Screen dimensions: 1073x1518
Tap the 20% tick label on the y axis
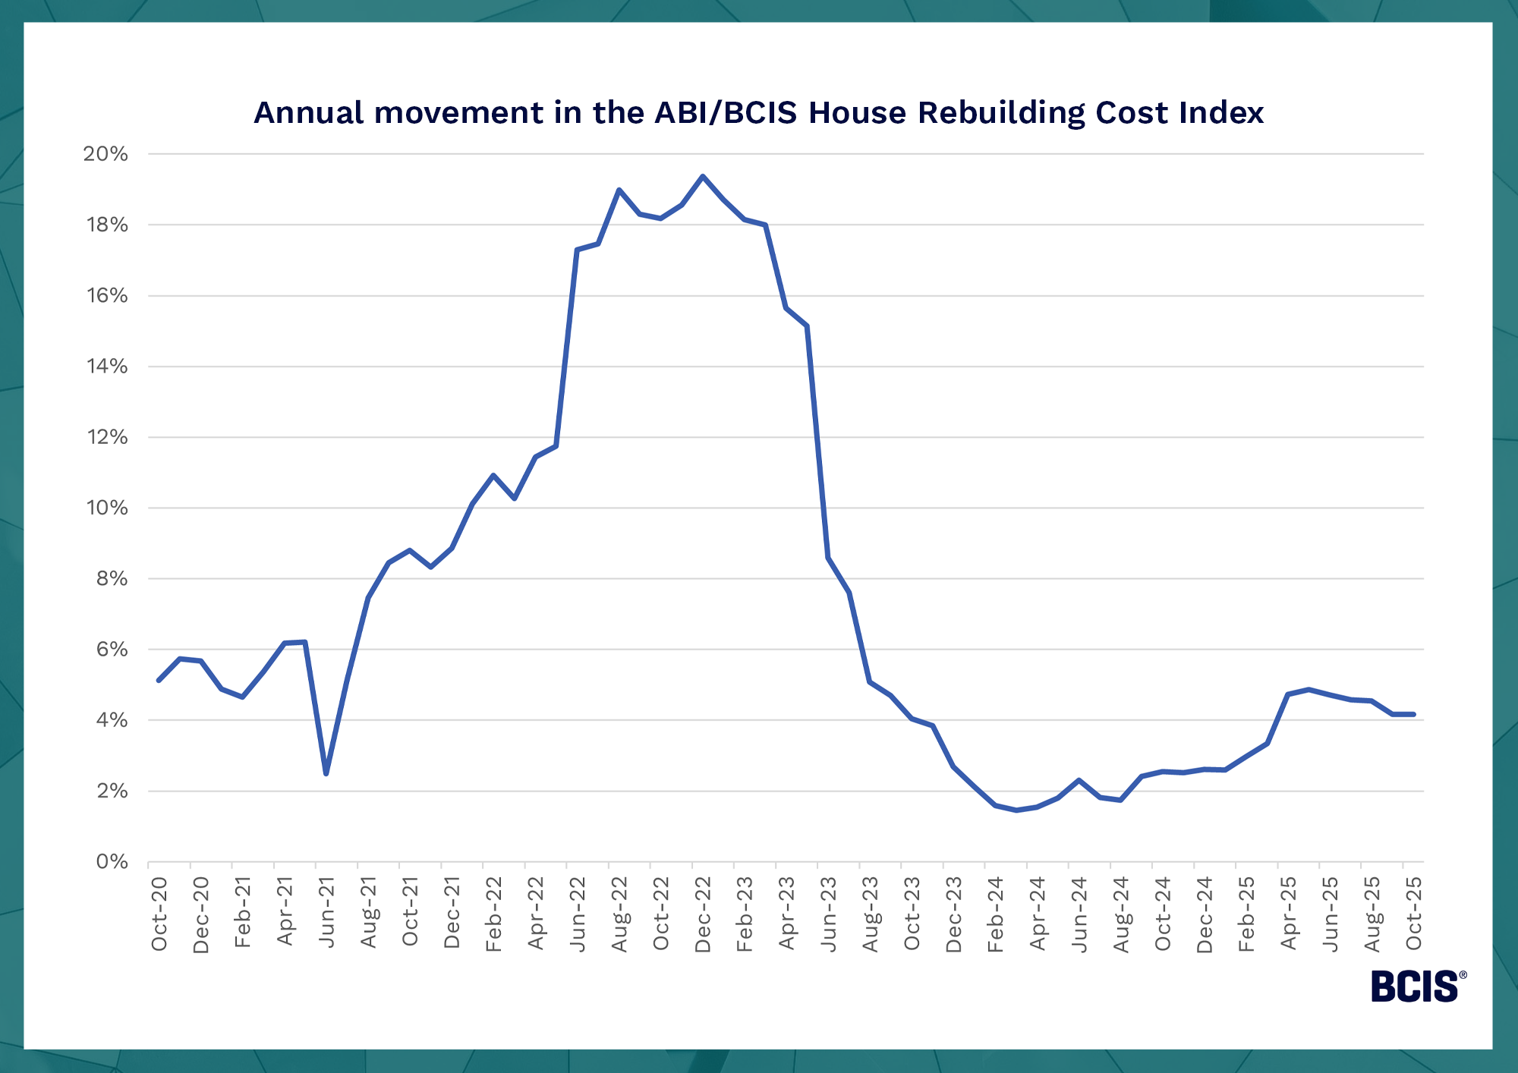pyautogui.click(x=106, y=154)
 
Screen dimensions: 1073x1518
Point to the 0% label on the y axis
pyautogui.click(x=112, y=862)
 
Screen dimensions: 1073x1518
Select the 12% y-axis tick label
pyautogui.click(x=106, y=437)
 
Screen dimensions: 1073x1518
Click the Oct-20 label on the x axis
pyautogui.click(x=159, y=914)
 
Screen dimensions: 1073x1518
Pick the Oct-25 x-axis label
pyautogui.click(x=1414, y=914)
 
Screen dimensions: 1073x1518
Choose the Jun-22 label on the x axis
pyautogui.click(x=578, y=914)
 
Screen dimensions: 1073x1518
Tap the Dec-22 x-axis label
pyautogui.click(x=703, y=914)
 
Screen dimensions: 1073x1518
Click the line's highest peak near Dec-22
pyautogui.click(x=703, y=176)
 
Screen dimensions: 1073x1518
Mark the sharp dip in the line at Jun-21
pyautogui.click(x=326, y=773)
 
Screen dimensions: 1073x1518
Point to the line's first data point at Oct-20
pyautogui.click(x=159, y=680)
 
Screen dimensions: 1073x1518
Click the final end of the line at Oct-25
pyautogui.click(x=1413, y=714)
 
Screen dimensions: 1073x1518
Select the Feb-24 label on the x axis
pyautogui.click(x=996, y=914)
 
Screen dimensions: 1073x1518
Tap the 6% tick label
pyautogui.click(x=112, y=650)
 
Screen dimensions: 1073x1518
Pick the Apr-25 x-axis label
pyautogui.click(x=1289, y=914)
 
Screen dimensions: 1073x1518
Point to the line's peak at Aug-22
pyautogui.click(x=619, y=190)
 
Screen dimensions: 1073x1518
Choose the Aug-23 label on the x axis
pyautogui.click(x=871, y=914)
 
